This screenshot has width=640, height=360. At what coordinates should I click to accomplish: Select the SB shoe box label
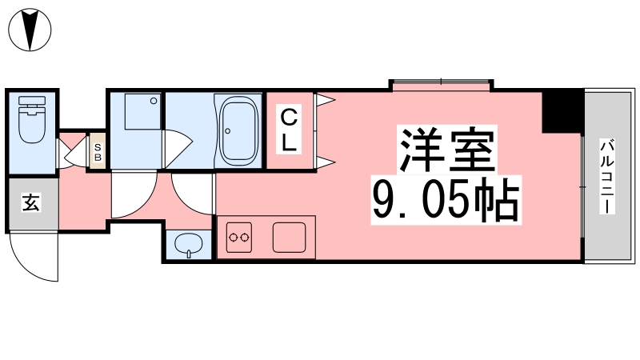(98, 151)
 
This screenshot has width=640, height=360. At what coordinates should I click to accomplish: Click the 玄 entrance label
(30, 203)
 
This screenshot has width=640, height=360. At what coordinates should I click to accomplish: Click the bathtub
(237, 130)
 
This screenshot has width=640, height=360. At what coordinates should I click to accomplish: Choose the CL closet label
(289, 131)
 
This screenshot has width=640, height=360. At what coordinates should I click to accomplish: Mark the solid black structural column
(562, 111)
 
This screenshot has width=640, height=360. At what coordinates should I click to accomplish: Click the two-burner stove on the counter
(239, 237)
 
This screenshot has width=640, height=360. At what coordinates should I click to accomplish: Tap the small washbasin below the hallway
(189, 245)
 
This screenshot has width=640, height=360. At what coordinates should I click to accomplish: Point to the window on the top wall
(440, 83)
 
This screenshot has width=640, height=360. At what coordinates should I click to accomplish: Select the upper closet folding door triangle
(324, 100)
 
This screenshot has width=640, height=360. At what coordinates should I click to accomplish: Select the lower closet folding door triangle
(324, 163)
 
